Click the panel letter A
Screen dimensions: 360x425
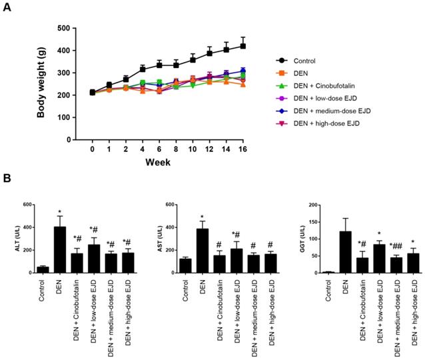7,9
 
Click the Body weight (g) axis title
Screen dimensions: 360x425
41,83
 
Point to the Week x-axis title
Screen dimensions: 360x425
159,163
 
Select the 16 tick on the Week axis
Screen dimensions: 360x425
243,150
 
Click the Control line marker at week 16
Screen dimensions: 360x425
243,46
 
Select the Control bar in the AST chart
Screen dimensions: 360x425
185,265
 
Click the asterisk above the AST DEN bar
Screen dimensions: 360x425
201,216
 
